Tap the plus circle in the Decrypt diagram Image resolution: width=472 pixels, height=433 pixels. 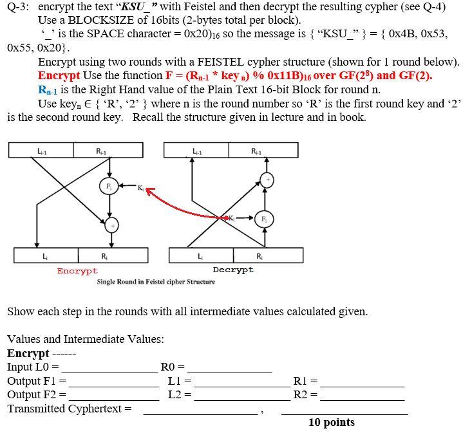click(265, 179)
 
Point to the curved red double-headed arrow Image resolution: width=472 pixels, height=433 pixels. click(187, 206)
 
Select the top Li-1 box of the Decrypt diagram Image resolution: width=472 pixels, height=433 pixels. click(196, 150)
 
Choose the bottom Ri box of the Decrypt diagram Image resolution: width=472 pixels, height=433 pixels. click(267, 255)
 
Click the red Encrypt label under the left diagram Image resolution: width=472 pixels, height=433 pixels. click(77, 271)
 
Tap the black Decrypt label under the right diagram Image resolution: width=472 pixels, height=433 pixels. click(233, 270)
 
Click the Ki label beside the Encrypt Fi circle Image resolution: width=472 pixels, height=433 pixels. click(140, 187)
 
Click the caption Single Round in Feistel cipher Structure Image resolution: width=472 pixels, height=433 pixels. click(156, 282)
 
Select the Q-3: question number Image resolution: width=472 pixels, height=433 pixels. click(19, 8)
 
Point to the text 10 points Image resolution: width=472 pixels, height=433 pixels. click(331, 422)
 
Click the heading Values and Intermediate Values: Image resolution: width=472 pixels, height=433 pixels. click(85, 339)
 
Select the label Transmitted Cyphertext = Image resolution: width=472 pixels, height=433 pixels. click(69, 409)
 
